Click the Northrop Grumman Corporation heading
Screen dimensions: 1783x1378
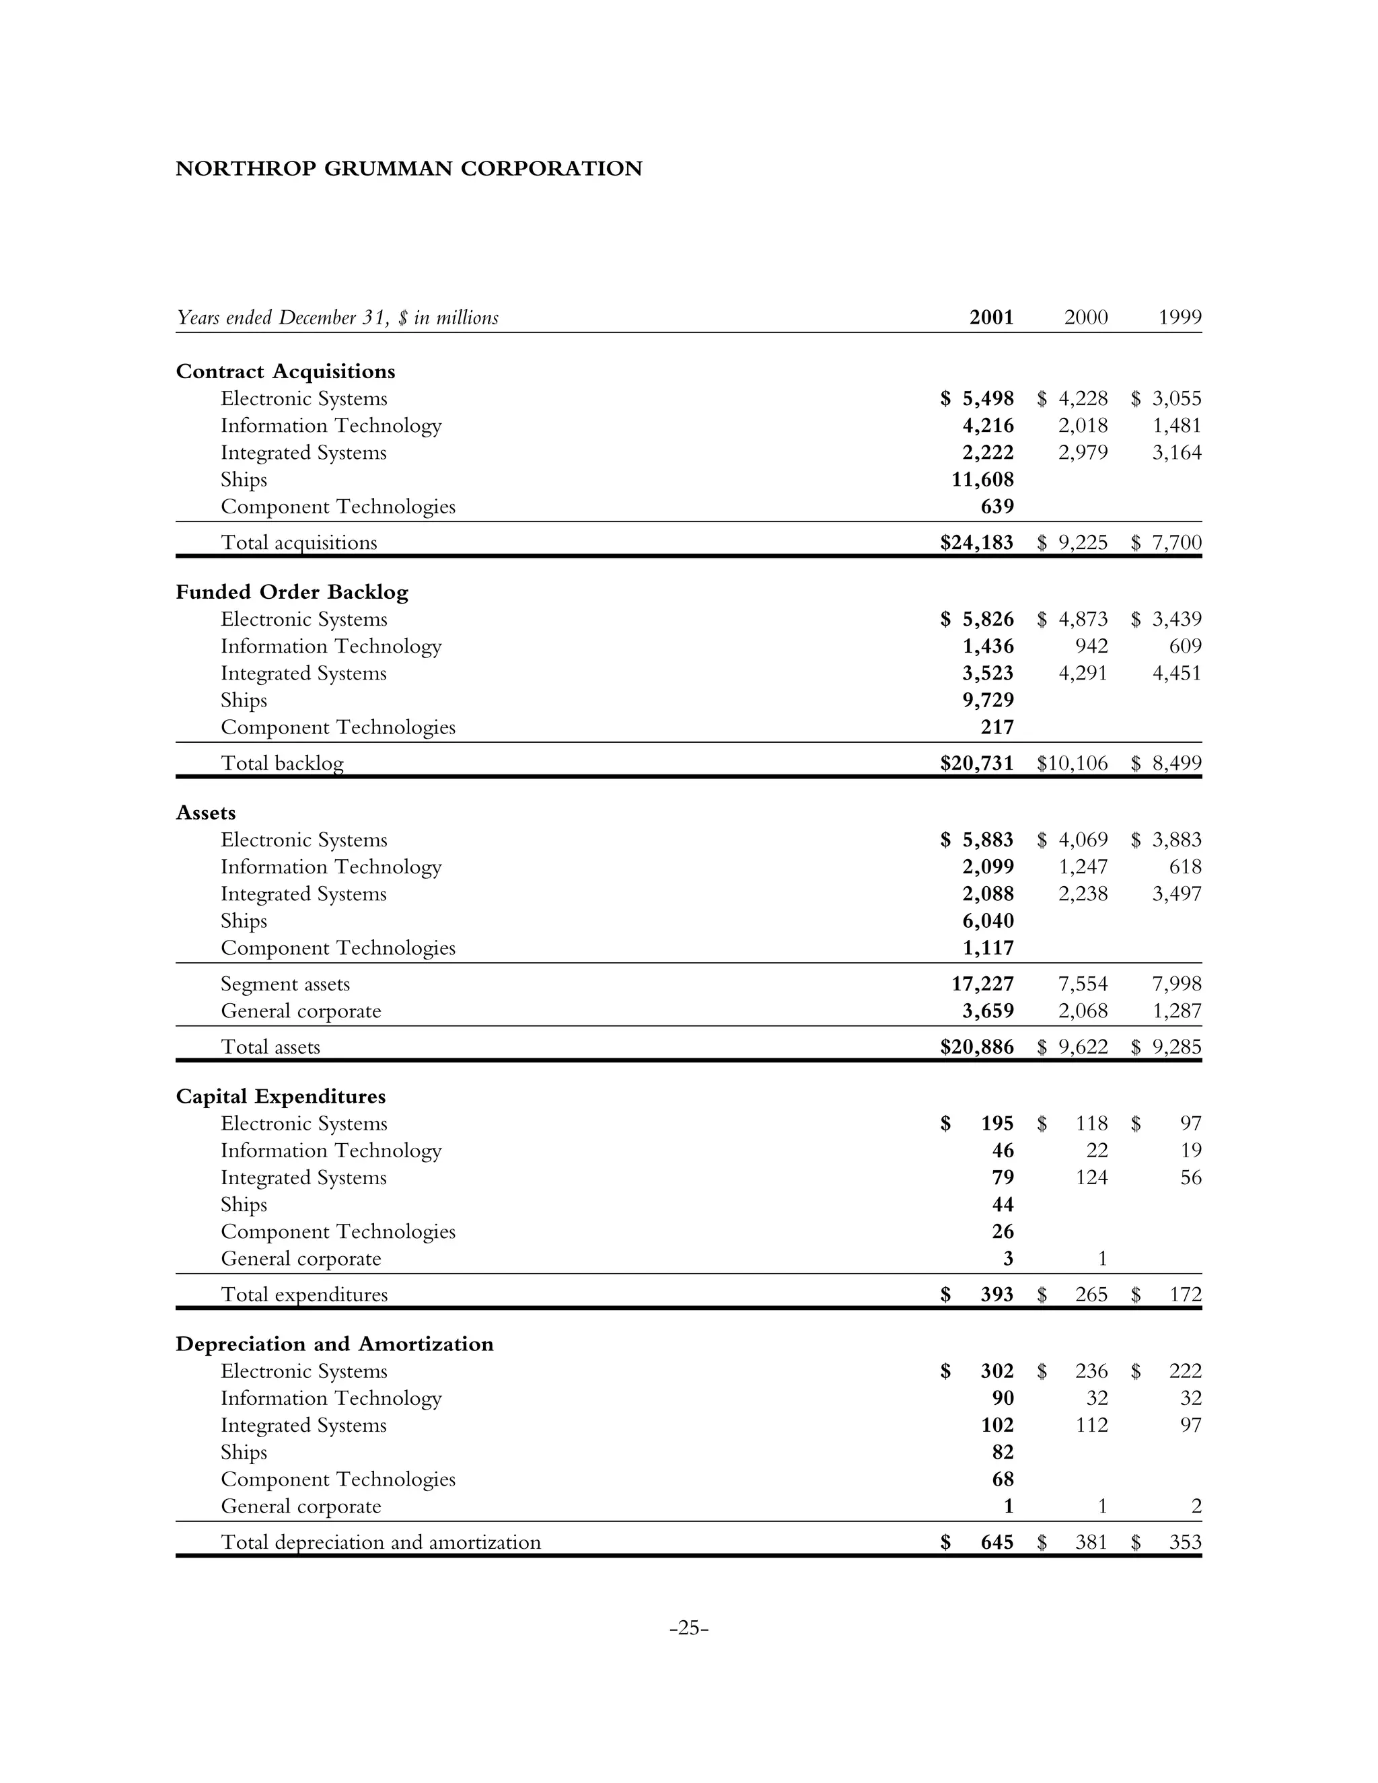409,169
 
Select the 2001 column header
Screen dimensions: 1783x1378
991,318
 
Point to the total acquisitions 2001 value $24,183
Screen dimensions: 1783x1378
977,543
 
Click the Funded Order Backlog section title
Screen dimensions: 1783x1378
291,592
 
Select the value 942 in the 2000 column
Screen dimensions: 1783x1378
1091,647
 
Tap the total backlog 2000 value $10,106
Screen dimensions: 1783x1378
1072,764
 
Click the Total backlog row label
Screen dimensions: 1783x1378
283,764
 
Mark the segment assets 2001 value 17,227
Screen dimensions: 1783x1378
983,984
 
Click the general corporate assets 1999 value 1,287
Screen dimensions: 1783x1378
1177,1011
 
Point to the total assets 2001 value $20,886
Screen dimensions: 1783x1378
977,1048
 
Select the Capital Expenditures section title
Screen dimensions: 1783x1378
280,1097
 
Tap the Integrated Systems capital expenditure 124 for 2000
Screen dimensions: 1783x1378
1091,1178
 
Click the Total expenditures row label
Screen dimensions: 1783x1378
305,1295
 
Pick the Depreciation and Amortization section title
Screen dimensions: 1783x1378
334,1344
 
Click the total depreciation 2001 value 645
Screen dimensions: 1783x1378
996,1542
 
